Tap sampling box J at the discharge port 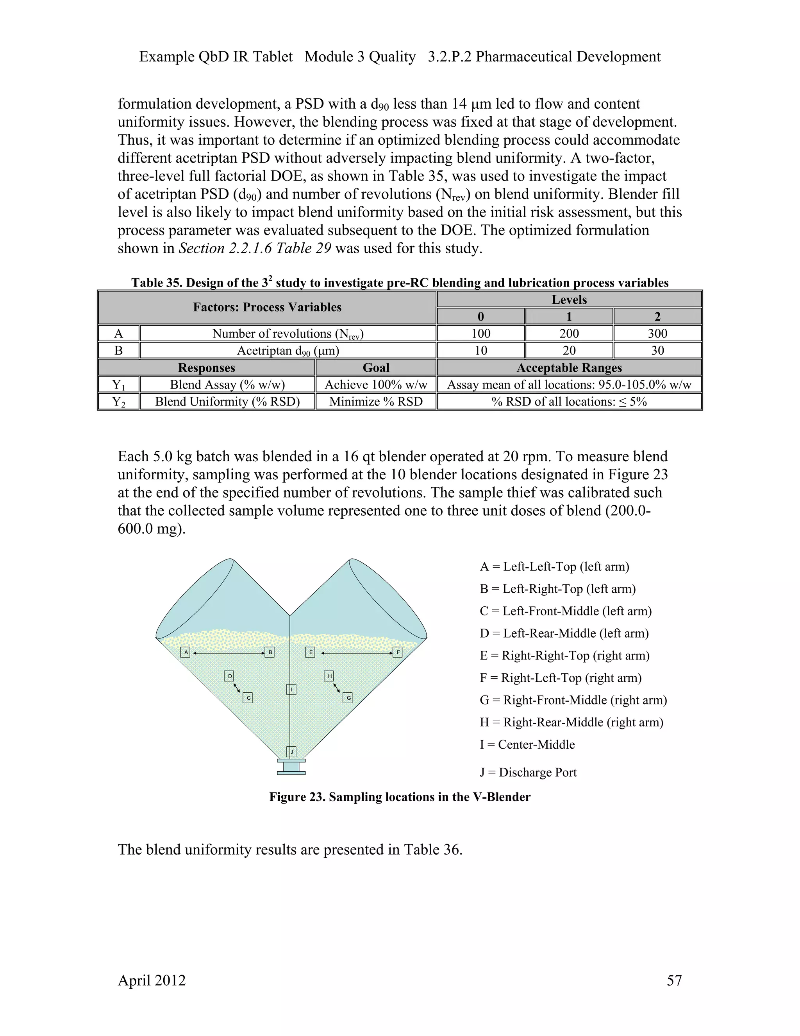tap(291, 752)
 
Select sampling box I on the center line tap(291, 689)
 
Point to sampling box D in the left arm tap(229, 676)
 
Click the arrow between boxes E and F tap(356, 653)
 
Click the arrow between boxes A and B tap(229, 653)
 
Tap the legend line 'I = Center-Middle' tap(527, 744)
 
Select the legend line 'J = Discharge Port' tap(528, 772)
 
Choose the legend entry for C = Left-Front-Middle tap(565, 611)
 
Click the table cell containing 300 tap(657, 333)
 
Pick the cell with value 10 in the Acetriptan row tap(480, 351)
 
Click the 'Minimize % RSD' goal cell tap(376, 402)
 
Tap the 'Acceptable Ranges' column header tap(569, 367)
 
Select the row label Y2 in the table tap(118, 402)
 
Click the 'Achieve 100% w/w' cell tap(376, 385)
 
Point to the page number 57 tap(674, 980)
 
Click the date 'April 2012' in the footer tap(152, 980)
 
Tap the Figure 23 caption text tap(400, 797)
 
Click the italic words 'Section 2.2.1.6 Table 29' tap(255, 248)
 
